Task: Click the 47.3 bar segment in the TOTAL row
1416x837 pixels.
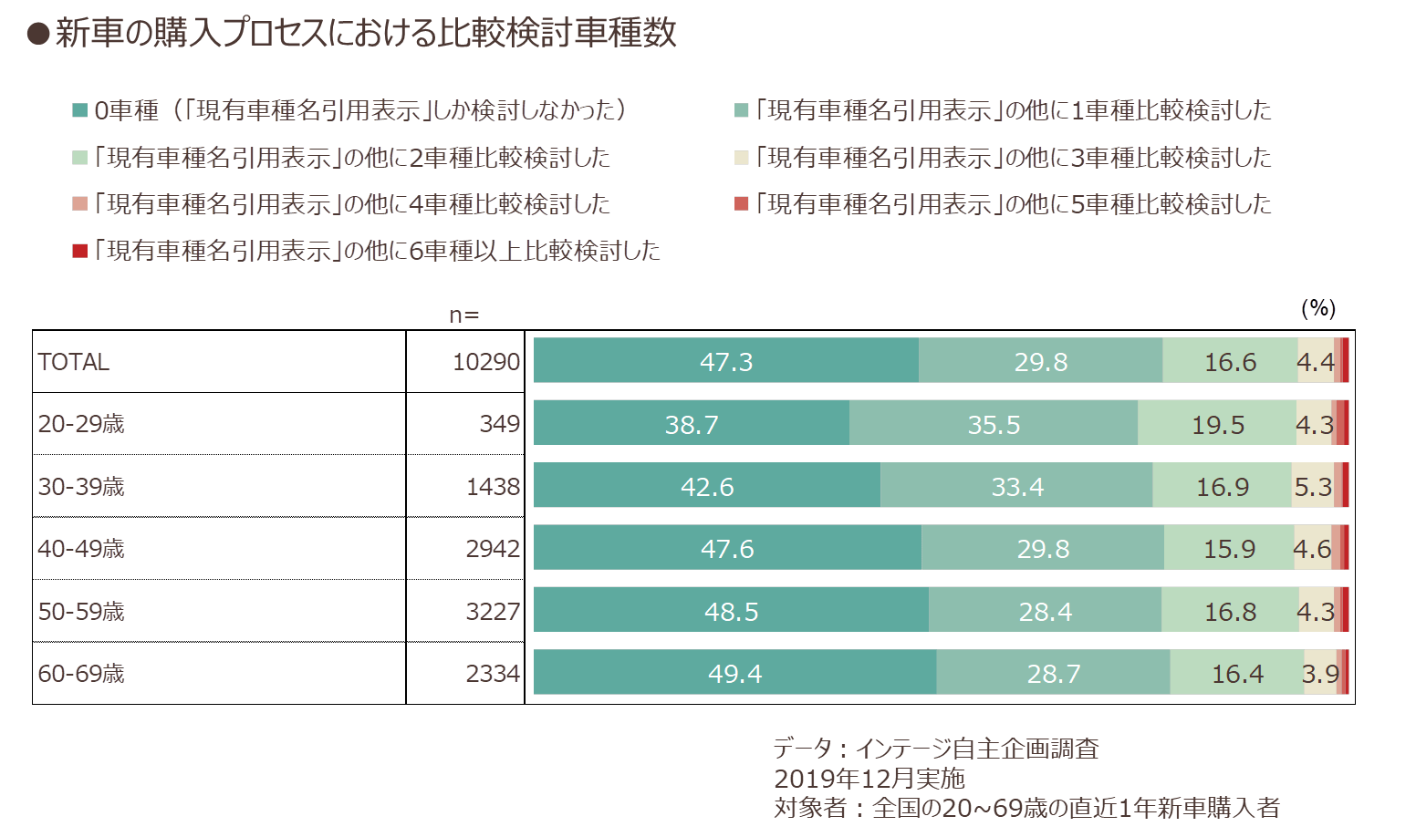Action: [725, 360]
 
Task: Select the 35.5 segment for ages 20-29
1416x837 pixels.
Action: [993, 423]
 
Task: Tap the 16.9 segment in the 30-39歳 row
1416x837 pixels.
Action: [1222, 484]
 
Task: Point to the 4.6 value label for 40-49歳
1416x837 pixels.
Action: [1312, 548]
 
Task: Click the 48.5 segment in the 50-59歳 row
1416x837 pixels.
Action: [731, 610]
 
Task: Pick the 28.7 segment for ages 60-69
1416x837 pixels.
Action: [1053, 672]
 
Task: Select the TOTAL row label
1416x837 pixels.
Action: [73, 362]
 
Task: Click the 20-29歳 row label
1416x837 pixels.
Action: [81, 423]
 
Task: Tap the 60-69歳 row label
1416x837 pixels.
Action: [81, 674]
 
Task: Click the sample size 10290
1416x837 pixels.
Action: [486, 362]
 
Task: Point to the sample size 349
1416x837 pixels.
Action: [499, 423]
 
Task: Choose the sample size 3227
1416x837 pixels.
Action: [493, 612]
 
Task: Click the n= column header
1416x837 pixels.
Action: [464, 315]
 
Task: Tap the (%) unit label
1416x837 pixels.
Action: [1318, 308]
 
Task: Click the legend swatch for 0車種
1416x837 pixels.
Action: [79, 110]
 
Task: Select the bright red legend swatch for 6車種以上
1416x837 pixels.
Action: [79, 251]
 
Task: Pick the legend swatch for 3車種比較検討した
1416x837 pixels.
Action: [741, 158]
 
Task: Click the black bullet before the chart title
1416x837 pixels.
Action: [38, 34]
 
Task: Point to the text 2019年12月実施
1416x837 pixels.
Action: [869, 779]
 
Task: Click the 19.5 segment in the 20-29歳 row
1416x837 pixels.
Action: [1217, 423]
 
